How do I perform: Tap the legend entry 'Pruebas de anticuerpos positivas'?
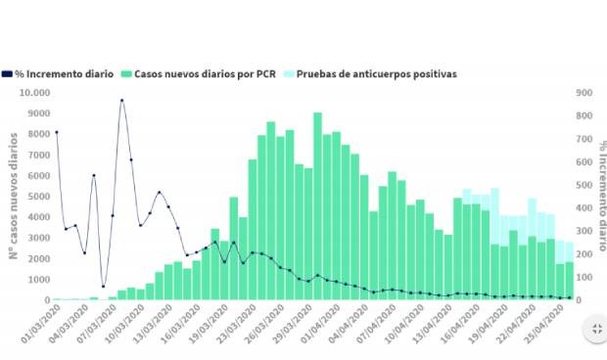click(376, 73)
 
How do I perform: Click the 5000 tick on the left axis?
click(37, 197)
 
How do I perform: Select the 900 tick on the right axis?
click(584, 93)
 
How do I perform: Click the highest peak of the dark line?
click(121, 100)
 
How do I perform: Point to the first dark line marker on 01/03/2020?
click(56, 132)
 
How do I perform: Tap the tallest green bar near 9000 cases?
click(317, 205)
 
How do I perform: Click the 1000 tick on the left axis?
click(37, 279)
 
